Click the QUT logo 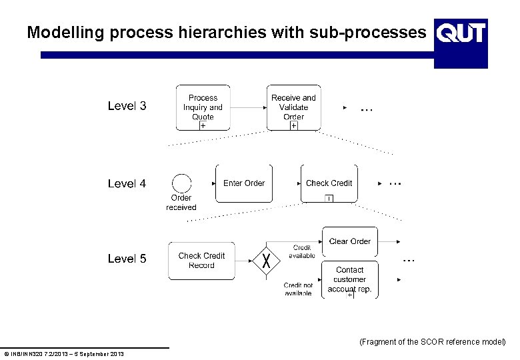click(461, 43)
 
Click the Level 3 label click(127, 106)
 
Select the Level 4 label click(127, 183)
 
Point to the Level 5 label click(127, 259)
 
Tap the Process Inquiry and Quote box click(203, 107)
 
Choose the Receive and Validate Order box click(293, 107)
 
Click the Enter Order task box click(244, 183)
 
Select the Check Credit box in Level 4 click(329, 183)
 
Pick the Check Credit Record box click(201, 260)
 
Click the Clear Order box click(350, 241)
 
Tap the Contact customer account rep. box click(350, 279)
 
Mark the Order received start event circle click(181, 183)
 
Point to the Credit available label click(302, 251)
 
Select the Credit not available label click(298, 289)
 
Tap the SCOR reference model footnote click(432, 342)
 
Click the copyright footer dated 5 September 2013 click(63, 353)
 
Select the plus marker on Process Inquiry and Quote click(203, 125)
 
